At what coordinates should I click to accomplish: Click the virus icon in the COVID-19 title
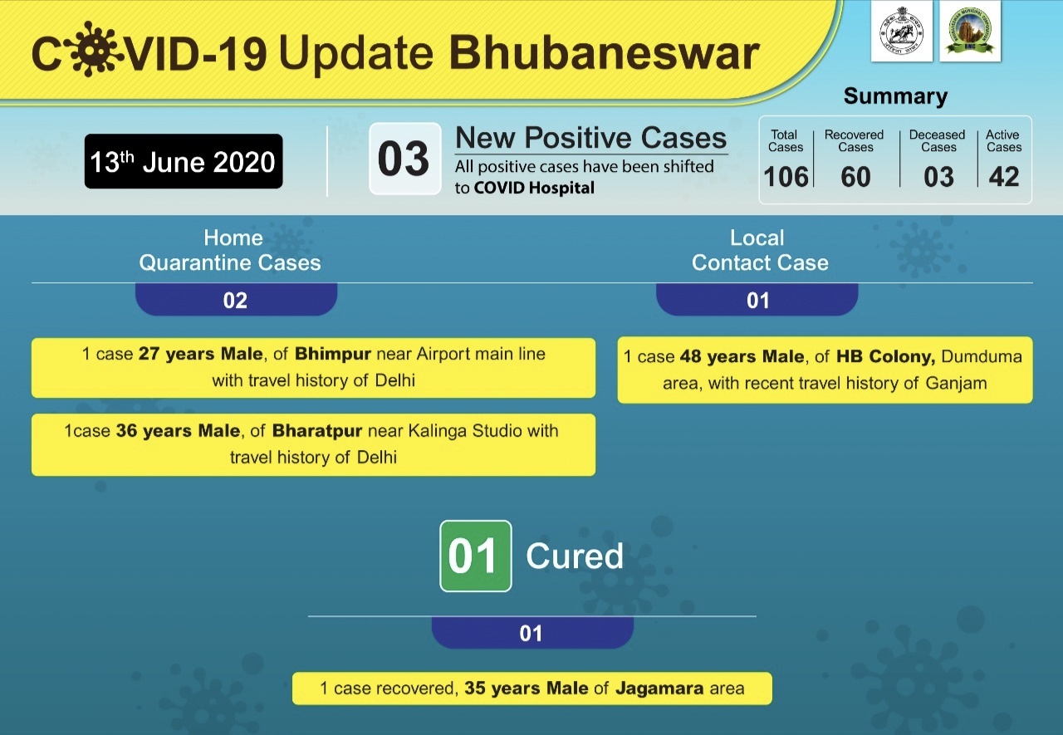[93, 49]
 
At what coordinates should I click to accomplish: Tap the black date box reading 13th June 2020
[184, 161]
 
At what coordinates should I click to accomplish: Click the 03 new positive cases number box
[404, 159]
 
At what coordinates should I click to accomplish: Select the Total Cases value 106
[786, 177]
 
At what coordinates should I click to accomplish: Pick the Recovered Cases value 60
[855, 177]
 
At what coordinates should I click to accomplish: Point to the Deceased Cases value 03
[938, 177]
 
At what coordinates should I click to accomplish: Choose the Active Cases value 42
[1004, 177]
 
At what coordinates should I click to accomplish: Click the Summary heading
[895, 96]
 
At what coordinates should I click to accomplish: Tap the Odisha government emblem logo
[902, 32]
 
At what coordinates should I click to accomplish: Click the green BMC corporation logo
[970, 32]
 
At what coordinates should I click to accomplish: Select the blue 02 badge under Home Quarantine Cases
[236, 300]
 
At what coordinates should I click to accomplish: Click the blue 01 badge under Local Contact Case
[757, 300]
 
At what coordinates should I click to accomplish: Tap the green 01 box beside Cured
[476, 556]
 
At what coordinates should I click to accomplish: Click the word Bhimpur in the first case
[333, 354]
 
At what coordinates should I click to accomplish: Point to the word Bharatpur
[317, 431]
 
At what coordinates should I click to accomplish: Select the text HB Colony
[885, 356]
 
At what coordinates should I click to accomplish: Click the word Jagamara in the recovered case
[659, 688]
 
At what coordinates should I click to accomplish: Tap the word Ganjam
[956, 384]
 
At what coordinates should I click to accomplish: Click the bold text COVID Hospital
[534, 188]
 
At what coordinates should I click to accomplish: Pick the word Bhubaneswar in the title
[604, 52]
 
